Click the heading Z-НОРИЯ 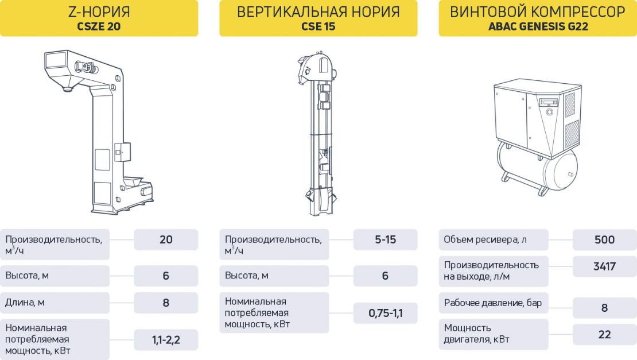pyautogui.click(x=99, y=11)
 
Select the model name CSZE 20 pyautogui.click(x=99, y=26)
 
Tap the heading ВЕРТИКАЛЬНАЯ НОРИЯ pyautogui.click(x=318, y=11)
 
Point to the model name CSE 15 pyautogui.click(x=318, y=26)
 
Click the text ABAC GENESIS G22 pyautogui.click(x=538, y=26)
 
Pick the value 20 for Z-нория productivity pyautogui.click(x=166, y=239)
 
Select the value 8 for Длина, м pyautogui.click(x=166, y=303)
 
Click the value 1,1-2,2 pyautogui.click(x=166, y=340)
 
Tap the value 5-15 pyautogui.click(x=385, y=239)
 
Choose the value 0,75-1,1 pyautogui.click(x=385, y=313)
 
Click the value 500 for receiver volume pyautogui.click(x=604, y=239)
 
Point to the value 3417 pyautogui.click(x=604, y=266)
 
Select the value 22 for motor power pyautogui.click(x=604, y=334)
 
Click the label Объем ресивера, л pyautogui.click(x=485, y=239)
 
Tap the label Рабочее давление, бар pyautogui.click(x=493, y=303)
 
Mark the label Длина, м pyautogui.click(x=26, y=303)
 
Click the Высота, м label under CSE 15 pyautogui.click(x=247, y=276)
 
